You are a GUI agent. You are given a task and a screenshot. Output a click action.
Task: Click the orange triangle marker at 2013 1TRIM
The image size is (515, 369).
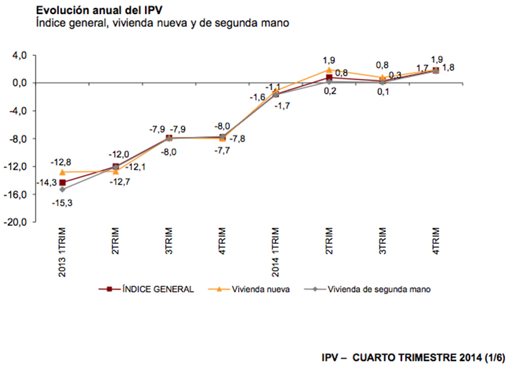[x=63, y=172]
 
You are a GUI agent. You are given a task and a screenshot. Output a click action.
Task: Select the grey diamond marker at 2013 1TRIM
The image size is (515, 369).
[x=63, y=190]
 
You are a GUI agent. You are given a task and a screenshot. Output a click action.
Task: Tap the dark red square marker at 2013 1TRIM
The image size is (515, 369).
[x=63, y=182]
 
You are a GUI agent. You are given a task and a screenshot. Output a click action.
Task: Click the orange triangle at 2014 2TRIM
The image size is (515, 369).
[x=329, y=70]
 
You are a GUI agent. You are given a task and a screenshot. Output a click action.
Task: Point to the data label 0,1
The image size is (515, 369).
[x=383, y=92]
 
